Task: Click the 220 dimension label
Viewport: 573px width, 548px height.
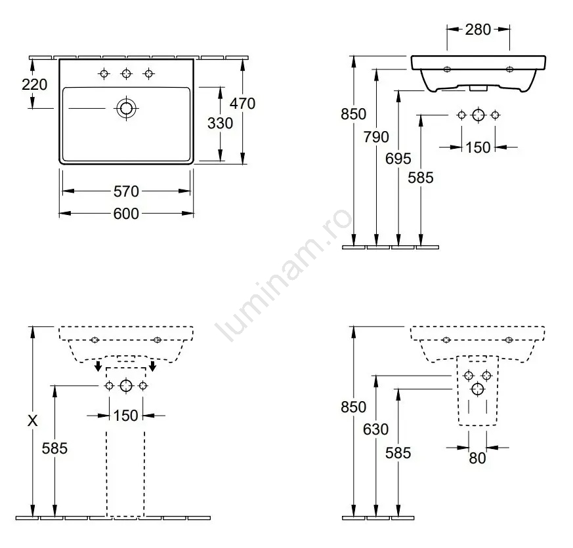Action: (x=34, y=85)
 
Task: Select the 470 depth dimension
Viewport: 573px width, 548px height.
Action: (x=242, y=104)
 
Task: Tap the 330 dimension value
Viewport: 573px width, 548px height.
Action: (x=220, y=123)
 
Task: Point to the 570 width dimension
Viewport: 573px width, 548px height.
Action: (x=126, y=191)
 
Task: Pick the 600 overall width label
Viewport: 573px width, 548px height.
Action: (x=126, y=214)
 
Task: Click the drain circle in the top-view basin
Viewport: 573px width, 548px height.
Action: (x=127, y=108)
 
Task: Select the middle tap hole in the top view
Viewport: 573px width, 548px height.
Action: (x=127, y=73)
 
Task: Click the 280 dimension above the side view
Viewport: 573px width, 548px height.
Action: (x=478, y=29)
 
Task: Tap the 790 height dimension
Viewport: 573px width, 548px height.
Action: (x=376, y=137)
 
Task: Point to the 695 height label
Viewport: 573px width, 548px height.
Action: (x=398, y=159)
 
